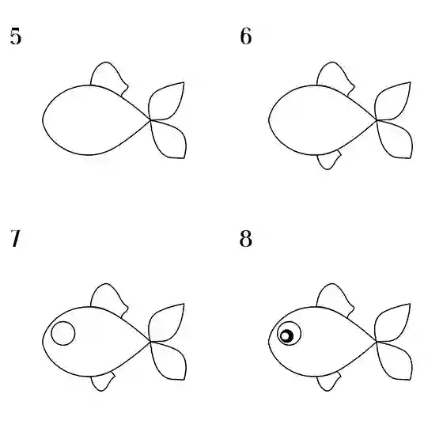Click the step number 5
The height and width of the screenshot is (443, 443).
coord(16,36)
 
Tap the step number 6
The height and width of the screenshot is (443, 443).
coord(246,36)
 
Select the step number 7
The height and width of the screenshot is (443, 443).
coord(16,238)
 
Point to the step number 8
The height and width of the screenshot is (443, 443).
coord(245,238)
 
